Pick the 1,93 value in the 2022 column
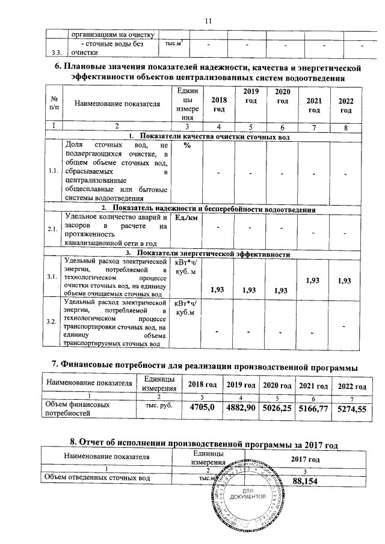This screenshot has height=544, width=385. (345, 280)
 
